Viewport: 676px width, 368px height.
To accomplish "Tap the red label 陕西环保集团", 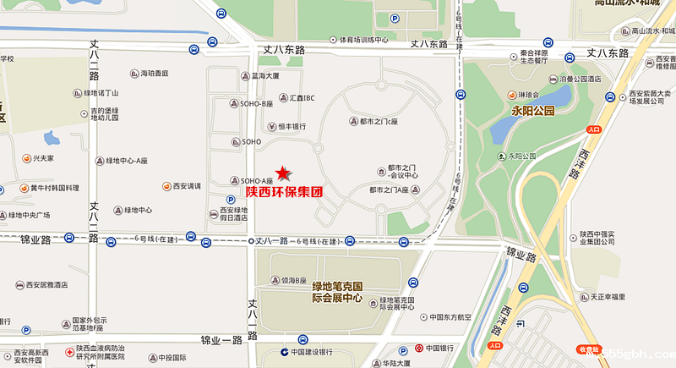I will pyautogui.click(x=284, y=192).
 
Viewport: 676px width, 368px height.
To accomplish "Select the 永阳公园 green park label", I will pyautogui.click(x=532, y=111).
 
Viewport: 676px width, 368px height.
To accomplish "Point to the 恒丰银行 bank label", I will pyautogui.click(x=291, y=127).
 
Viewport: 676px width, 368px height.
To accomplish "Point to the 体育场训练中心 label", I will pyautogui.click(x=357, y=40).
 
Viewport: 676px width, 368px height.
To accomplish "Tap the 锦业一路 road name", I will pyautogui.click(x=221, y=339).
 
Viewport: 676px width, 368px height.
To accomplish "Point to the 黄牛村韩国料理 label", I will pyautogui.click(x=49, y=188).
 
